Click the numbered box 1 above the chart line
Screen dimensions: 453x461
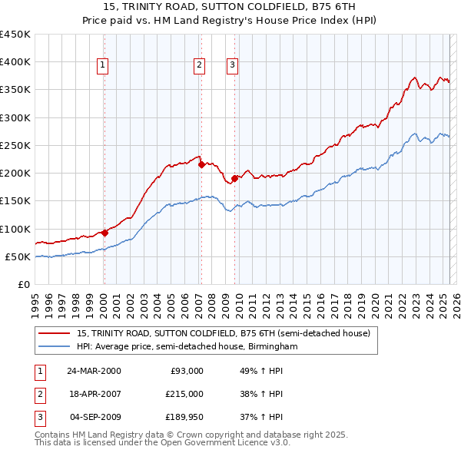[x=102, y=66]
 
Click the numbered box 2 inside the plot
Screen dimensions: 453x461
[x=199, y=66]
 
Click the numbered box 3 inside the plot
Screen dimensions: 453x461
[x=231, y=66]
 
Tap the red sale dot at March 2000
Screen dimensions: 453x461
[x=104, y=233]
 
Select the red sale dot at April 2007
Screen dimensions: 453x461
[x=201, y=164]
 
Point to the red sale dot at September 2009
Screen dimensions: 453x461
[x=234, y=178]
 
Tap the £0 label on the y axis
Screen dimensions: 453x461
[x=24, y=285]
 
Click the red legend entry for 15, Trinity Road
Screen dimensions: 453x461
[x=224, y=334]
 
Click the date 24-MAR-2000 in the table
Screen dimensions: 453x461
[x=94, y=371]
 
